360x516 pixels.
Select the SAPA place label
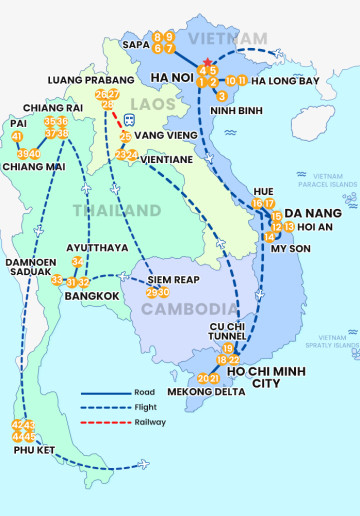pyautogui.click(x=135, y=44)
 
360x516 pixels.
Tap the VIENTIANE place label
pyautogui.click(x=167, y=159)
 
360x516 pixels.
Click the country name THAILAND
pyautogui.click(x=116, y=210)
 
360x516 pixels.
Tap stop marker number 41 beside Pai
pyautogui.click(x=17, y=136)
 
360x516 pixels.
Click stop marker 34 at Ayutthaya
pyautogui.click(x=77, y=262)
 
